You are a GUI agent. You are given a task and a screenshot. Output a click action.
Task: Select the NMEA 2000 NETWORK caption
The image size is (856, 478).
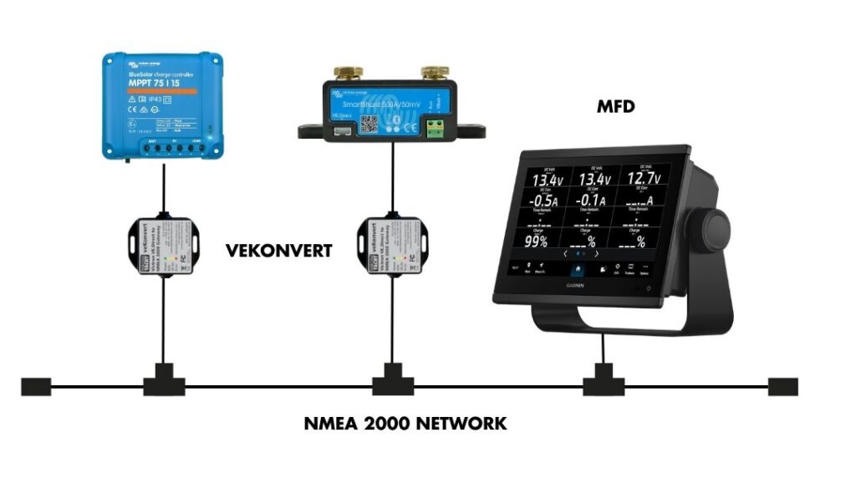pos(405,424)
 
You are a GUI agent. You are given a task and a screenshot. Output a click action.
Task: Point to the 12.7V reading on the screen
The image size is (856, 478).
pos(640,179)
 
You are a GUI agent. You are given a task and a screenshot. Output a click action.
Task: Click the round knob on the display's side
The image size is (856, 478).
pos(717,226)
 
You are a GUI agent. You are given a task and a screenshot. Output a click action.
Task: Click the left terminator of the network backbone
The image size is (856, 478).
pos(36,387)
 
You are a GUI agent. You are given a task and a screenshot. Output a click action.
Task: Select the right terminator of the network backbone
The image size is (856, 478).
pos(782,387)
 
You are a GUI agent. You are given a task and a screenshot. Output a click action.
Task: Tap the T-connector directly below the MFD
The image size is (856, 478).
pos(600,384)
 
